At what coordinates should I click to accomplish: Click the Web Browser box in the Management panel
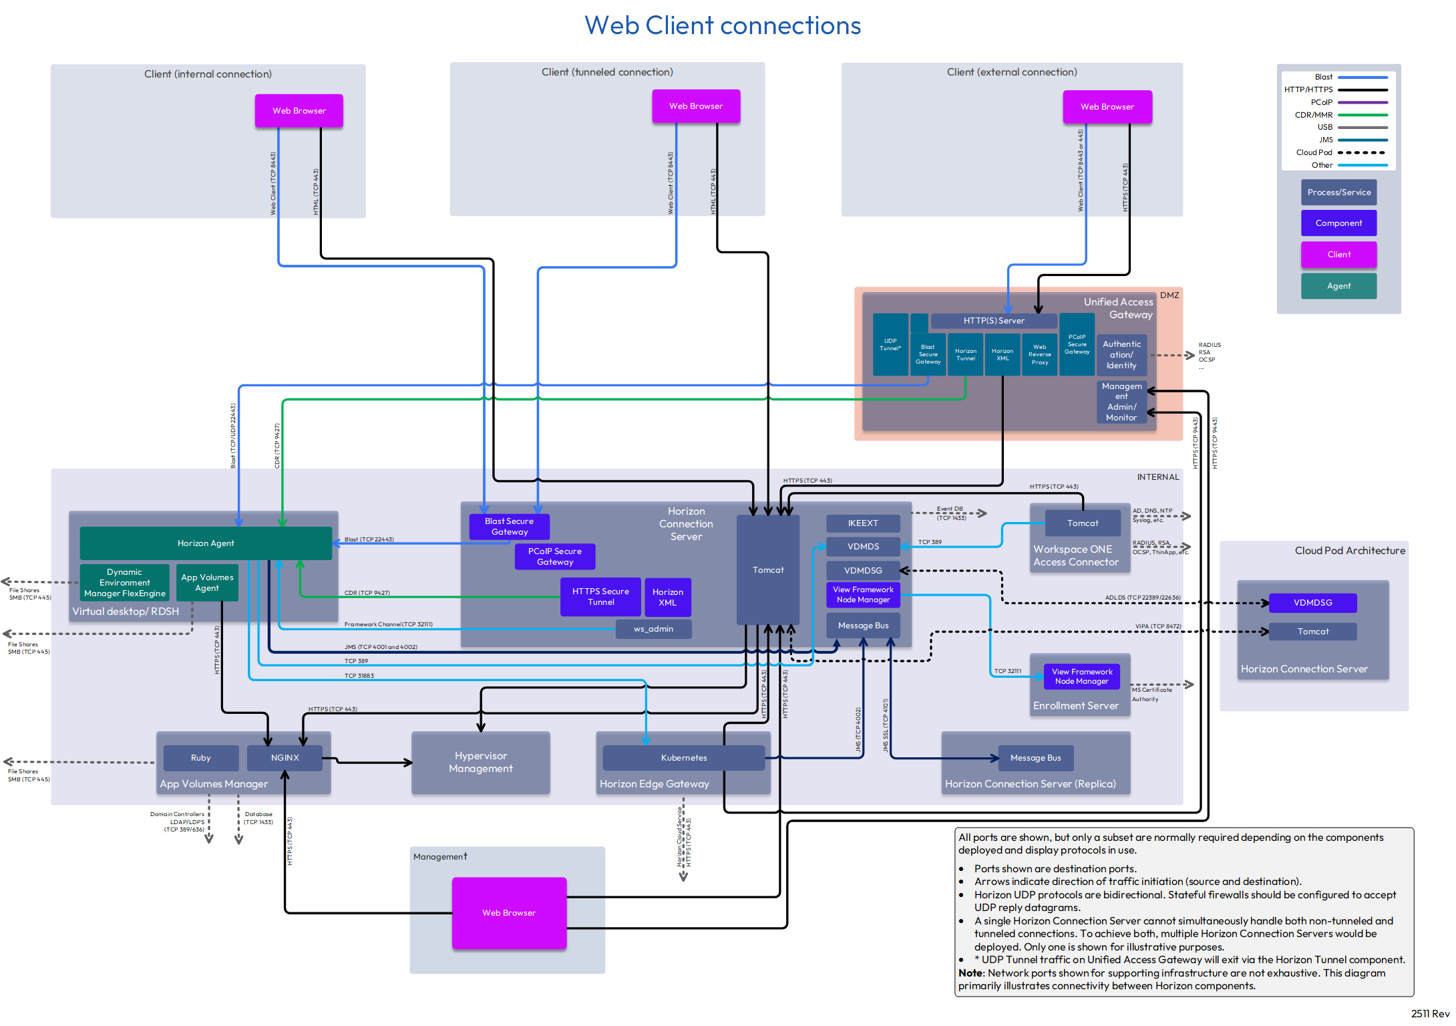click(x=509, y=912)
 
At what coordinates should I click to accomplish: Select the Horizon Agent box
click(x=206, y=543)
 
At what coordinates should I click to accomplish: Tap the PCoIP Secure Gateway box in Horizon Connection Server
click(x=554, y=556)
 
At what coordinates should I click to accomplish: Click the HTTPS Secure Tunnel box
click(x=600, y=597)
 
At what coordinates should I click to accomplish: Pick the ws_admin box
click(x=653, y=629)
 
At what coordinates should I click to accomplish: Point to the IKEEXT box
click(x=863, y=523)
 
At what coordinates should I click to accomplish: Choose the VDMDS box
click(x=863, y=547)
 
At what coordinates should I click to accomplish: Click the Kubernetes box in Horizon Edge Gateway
click(x=683, y=758)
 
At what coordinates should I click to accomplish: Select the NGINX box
click(x=285, y=758)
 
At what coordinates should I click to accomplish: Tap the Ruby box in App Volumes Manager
click(x=200, y=758)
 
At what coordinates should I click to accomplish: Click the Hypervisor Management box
click(x=481, y=763)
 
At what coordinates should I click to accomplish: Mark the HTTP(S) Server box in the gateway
click(x=993, y=321)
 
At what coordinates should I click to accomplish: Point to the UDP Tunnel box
click(x=890, y=344)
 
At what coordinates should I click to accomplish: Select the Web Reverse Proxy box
click(x=1039, y=355)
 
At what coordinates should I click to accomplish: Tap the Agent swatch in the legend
click(x=1338, y=286)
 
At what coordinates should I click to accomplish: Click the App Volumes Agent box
click(x=207, y=583)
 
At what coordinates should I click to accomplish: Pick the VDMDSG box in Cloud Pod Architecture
click(x=1312, y=603)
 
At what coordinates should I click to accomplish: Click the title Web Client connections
click(x=723, y=25)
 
